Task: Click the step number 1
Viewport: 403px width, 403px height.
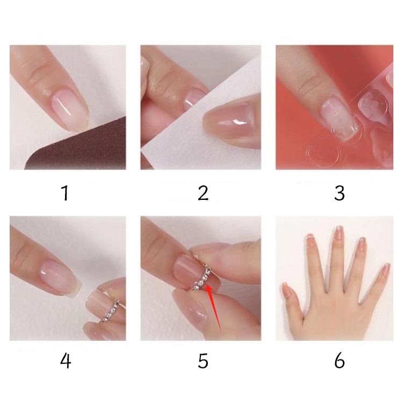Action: tap(65, 193)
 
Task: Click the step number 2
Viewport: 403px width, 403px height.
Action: tap(203, 193)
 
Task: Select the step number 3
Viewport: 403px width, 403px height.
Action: tap(339, 193)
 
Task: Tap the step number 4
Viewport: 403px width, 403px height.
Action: tap(66, 361)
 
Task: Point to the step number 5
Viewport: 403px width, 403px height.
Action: tap(203, 361)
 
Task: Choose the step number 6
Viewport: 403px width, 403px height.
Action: tap(339, 361)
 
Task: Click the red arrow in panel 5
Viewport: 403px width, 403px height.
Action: tap(214, 308)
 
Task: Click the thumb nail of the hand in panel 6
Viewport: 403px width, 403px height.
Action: tap(287, 291)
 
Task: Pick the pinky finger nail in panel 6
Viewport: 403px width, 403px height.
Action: tap(385, 269)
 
